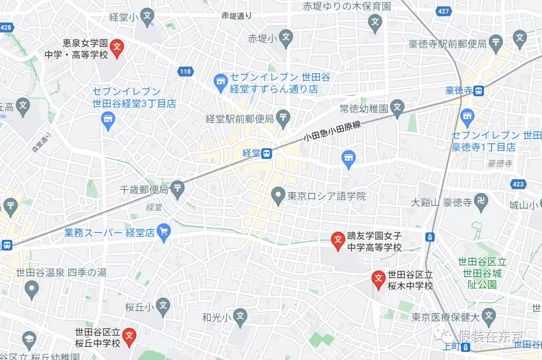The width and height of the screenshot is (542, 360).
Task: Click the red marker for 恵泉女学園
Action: (x=117, y=48)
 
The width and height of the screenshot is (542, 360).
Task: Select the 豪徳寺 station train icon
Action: (x=479, y=91)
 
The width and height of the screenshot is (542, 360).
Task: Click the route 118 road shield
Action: (x=185, y=72)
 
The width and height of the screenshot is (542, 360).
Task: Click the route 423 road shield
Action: (x=518, y=184)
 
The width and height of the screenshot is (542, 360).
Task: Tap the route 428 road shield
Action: (x=6, y=28)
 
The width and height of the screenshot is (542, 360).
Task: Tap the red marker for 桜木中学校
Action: (x=378, y=279)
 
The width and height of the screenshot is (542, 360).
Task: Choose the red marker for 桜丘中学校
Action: (x=129, y=335)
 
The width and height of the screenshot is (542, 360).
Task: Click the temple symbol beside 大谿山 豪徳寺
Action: (x=482, y=202)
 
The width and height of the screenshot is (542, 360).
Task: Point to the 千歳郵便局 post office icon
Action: (x=178, y=189)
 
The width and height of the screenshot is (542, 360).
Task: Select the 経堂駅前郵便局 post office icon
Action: (x=284, y=119)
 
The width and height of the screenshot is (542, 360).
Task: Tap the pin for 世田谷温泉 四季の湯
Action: (x=32, y=288)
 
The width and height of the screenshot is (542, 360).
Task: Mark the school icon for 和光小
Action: (x=241, y=316)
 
